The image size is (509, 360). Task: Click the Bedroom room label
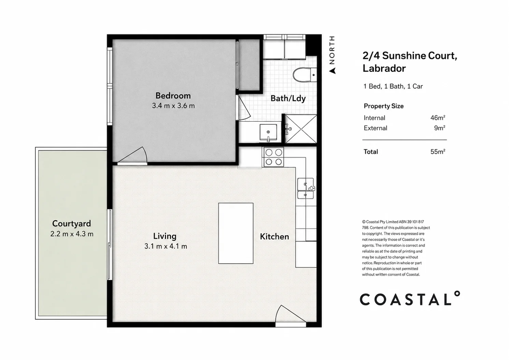coord(173,96)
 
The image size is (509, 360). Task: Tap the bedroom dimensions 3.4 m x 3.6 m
coord(173,106)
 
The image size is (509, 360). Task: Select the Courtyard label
coord(72,224)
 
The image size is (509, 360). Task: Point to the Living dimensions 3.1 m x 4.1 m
coord(166,246)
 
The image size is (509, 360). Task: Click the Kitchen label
coord(274,237)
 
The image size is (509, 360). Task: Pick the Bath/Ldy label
coord(288,99)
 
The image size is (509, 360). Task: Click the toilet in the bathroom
coord(305,75)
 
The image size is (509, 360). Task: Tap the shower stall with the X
coord(301,129)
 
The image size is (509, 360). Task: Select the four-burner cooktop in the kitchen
coord(273,157)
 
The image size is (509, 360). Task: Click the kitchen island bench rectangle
coord(236,233)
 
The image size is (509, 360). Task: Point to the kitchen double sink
coord(306,188)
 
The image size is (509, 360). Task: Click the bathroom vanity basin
coord(268,132)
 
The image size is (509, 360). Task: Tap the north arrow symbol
coord(333,71)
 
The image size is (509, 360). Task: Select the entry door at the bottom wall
coord(291,316)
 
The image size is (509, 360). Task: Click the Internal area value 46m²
coord(438,118)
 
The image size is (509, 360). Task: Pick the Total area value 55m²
coord(438,152)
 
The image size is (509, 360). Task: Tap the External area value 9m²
coord(439,128)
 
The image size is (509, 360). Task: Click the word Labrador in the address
coord(384,68)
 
